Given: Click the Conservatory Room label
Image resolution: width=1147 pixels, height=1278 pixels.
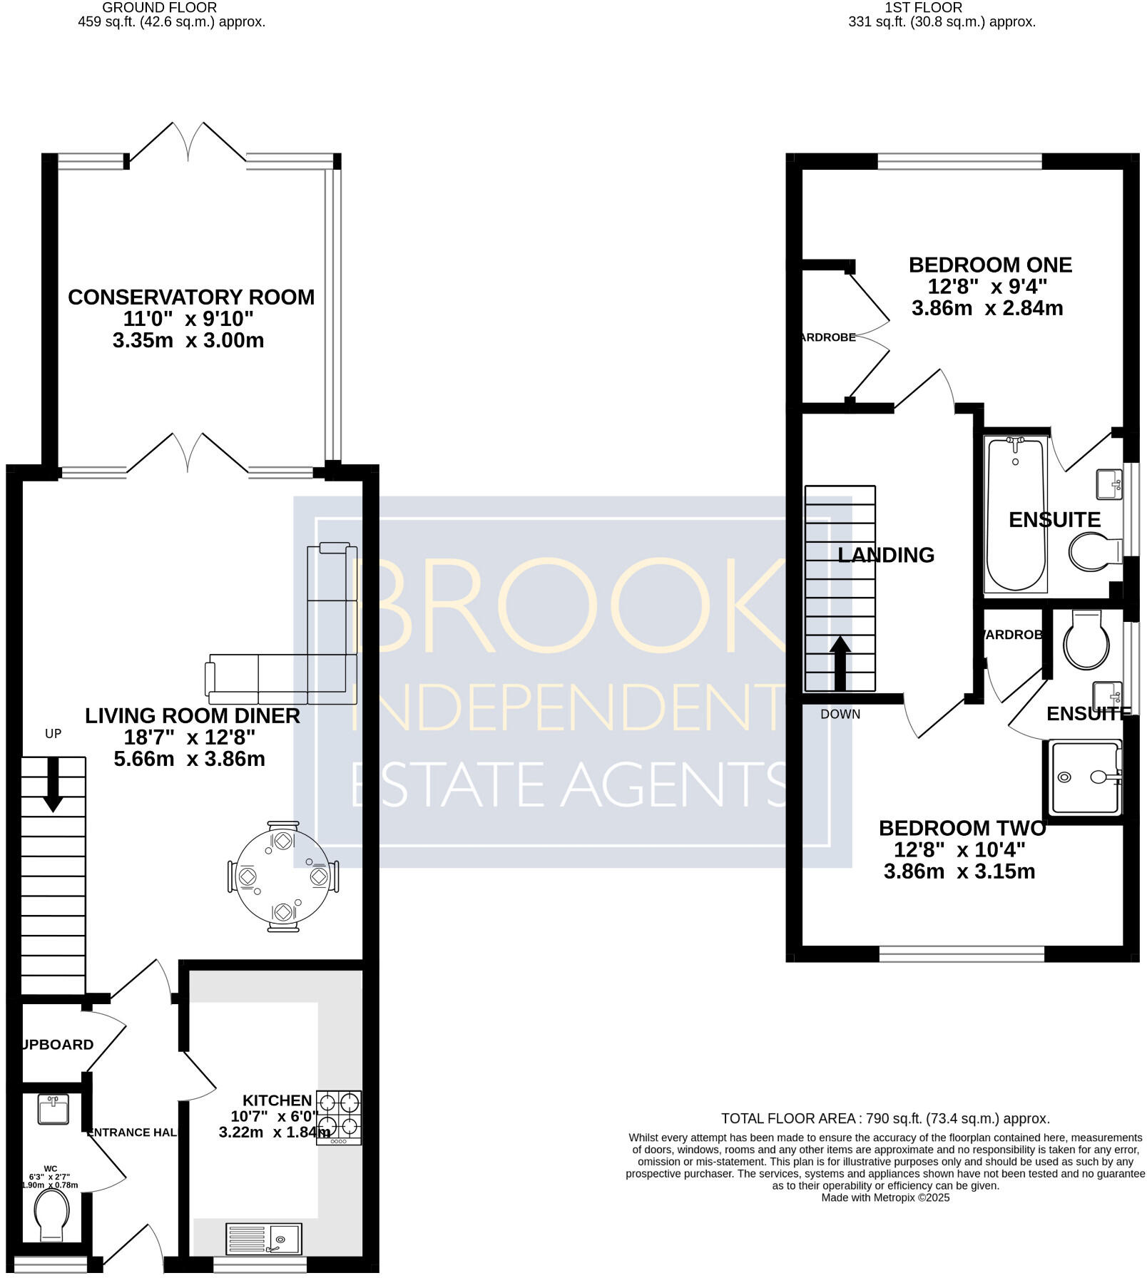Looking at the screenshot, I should coord(190,297).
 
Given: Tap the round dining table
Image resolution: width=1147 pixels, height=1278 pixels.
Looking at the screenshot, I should coord(283,876).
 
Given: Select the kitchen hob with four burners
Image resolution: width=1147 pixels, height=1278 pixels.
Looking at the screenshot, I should coord(339,1117).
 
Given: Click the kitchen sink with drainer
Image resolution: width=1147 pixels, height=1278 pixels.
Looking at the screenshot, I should coord(264,1239).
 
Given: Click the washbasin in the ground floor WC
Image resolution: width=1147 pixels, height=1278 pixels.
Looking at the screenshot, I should coord(53,1110).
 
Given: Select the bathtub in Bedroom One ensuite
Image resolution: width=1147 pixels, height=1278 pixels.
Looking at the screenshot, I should coord(1016,513).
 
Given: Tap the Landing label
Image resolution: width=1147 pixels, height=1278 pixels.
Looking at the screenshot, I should coord(886,555).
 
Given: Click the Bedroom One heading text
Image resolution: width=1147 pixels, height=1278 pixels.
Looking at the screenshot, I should coord(990,265).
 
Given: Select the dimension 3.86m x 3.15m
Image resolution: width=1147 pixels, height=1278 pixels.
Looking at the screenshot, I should coord(959,871).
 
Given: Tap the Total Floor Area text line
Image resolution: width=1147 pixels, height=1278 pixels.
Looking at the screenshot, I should coord(885,1118).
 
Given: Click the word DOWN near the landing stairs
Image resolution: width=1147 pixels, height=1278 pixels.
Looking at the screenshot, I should coord(840,714).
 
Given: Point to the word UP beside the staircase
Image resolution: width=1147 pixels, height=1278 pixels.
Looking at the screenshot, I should coord(53,733).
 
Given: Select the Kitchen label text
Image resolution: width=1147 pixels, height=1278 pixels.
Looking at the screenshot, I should coord(277,1100).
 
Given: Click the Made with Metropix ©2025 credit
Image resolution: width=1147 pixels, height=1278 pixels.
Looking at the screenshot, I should coord(885,1197).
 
